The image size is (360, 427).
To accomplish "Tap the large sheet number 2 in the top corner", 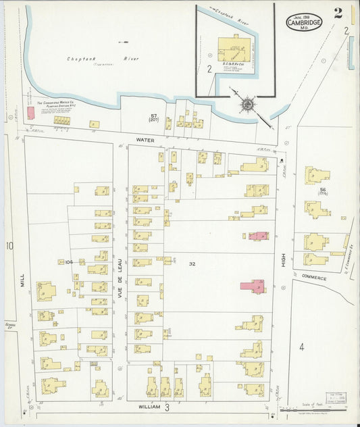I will (x=337, y=13).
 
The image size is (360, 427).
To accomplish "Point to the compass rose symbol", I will (x=248, y=105).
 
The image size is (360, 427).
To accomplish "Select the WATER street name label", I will (x=145, y=140).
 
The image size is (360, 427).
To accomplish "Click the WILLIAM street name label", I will (x=149, y=407).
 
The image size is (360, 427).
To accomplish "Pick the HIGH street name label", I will (x=284, y=257).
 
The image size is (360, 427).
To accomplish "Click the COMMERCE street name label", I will (x=314, y=277).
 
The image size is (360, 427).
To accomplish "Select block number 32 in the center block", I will (x=192, y=263).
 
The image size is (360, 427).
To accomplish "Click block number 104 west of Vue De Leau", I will (x=68, y=261).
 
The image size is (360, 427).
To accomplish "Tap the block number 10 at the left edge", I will (x=9, y=246).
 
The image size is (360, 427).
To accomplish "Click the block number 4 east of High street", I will (x=302, y=347).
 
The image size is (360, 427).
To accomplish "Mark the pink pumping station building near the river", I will (x=30, y=113).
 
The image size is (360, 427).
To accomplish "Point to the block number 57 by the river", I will (x=154, y=116).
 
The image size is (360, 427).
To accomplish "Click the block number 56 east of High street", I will (x=323, y=190).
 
